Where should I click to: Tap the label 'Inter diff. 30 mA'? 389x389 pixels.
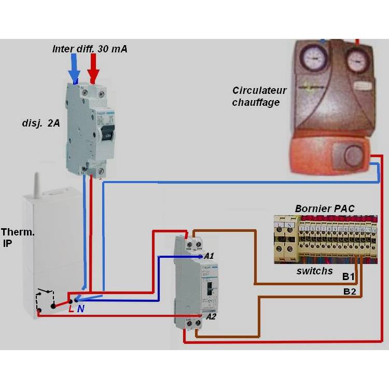click(x=90, y=49)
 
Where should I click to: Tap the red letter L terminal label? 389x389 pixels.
click(x=71, y=309)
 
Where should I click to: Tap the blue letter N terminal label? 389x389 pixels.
click(x=80, y=309)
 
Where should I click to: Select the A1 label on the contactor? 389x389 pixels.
click(x=209, y=256)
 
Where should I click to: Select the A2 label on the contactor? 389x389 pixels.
click(x=211, y=316)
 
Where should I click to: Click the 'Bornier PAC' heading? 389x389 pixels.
click(x=325, y=209)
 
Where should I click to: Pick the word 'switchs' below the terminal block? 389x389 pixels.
click(x=315, y=271)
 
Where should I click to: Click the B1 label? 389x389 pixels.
click(x=349, y=277)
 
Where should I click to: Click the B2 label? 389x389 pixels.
click(x=350, y=291)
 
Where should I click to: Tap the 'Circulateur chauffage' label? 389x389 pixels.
click(x=259, y=96)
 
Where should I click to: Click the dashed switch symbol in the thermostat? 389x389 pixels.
click(x=45, y=301)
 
